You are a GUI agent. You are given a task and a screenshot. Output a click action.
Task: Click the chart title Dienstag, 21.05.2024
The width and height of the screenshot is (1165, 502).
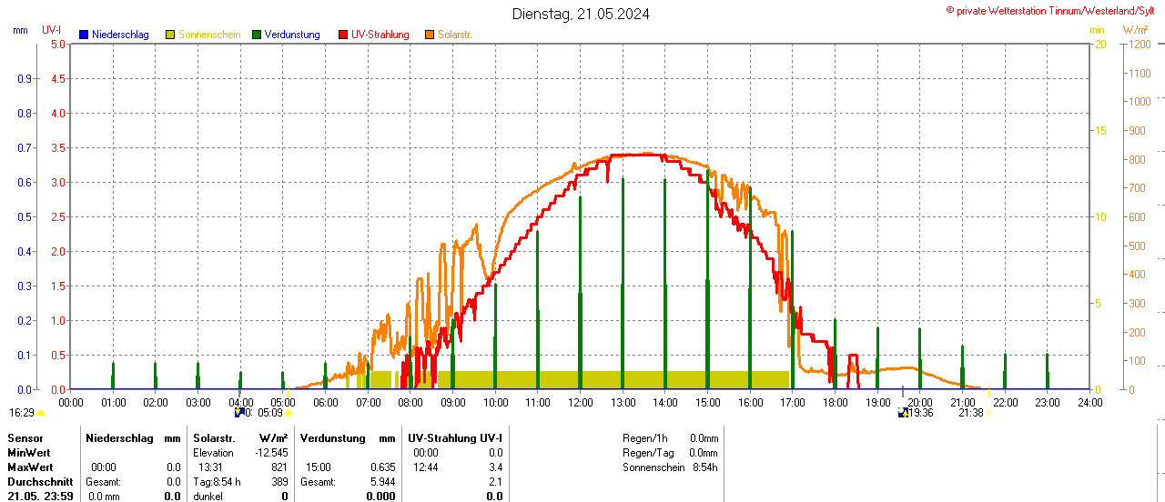[x=581, y=14]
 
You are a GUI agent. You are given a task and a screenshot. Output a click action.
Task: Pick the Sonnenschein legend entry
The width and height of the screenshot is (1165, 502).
[x=208, y=35]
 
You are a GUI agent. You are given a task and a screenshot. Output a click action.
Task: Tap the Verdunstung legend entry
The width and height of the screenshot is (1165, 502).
[x=291, y=35]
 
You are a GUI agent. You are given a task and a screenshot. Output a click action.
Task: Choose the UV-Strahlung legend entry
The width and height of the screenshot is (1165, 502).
[x=380, y=35]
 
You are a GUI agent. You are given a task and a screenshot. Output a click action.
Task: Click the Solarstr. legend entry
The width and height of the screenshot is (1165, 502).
[x=454, y=35]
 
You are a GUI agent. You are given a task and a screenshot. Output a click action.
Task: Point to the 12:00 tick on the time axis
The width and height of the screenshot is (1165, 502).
[x=580, y=402]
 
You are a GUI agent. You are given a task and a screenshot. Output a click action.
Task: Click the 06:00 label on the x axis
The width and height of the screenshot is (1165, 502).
[x=325, y=402]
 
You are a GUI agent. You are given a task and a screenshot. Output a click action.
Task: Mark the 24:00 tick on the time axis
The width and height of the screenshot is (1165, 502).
[x=1089, y=402]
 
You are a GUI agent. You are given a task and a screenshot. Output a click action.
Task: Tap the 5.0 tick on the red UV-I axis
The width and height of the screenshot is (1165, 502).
[x=57, y=44]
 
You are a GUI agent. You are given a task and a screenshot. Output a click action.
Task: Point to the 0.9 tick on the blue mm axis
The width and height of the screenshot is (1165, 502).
[x=25, y=78]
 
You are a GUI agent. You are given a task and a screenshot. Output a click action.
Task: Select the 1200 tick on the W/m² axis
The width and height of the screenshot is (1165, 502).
[x=1139, y=44]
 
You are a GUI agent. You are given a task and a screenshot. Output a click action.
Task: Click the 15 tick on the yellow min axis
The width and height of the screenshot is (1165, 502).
[x=1100, y=130]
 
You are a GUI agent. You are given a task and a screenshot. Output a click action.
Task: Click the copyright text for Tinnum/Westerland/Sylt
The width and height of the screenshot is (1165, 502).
[x=1055, y=10]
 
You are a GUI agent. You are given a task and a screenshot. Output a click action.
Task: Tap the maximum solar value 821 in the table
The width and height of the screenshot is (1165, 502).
[x=279, y=467]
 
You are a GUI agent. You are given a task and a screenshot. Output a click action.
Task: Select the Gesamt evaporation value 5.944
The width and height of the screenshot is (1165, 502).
[x=382, y=481]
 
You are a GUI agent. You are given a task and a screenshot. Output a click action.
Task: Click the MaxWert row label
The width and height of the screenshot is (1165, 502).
[x=29, y=467]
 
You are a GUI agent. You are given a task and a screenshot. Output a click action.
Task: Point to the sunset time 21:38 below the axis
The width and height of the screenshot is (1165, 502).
[x=970, y=413]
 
